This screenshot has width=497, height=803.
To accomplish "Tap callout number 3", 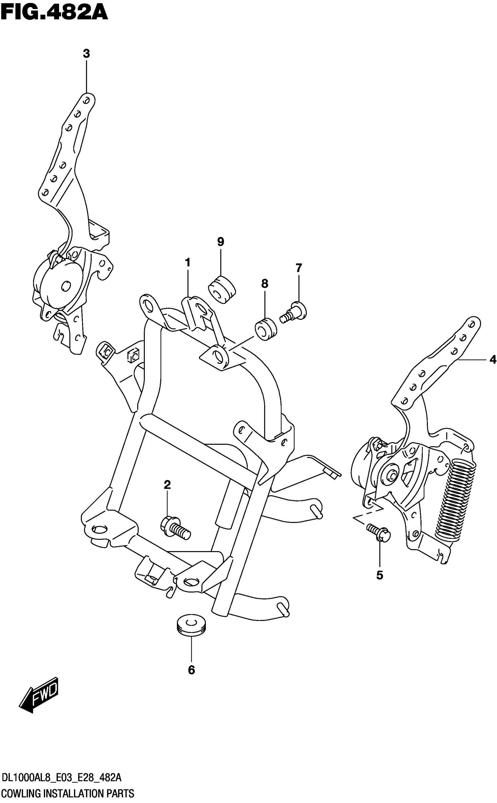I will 86,53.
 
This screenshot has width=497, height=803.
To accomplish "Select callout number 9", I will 220,242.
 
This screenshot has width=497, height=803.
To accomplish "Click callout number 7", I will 298,268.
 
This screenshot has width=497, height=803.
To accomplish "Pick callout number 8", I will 265,283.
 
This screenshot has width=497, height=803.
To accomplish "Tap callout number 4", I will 492,360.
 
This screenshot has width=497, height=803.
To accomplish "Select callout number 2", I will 167,484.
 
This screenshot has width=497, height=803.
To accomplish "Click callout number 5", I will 380,575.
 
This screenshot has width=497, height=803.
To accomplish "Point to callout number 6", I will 191,669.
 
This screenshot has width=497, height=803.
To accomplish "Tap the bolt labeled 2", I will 176,528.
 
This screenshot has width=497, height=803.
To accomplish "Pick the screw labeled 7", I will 294,312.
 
